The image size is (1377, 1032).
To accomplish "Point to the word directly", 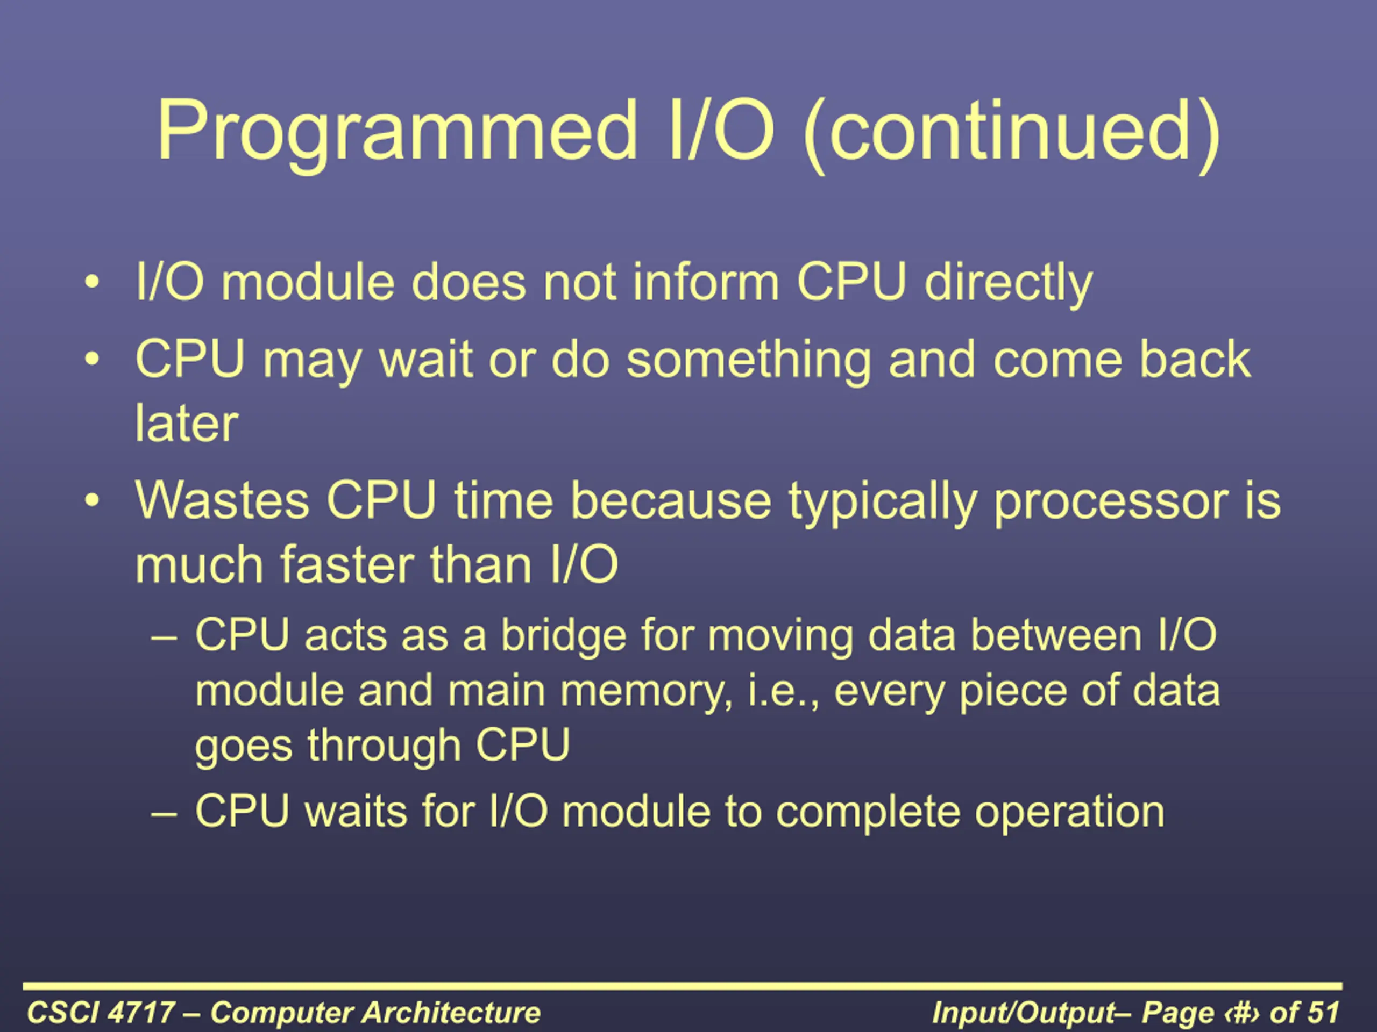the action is point(1008,285).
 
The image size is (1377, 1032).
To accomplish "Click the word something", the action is point(748,362).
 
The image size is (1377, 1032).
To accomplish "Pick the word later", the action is point(187,424).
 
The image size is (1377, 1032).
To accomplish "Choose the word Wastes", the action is point(222,501).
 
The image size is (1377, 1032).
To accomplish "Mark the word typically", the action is point(882,503).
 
